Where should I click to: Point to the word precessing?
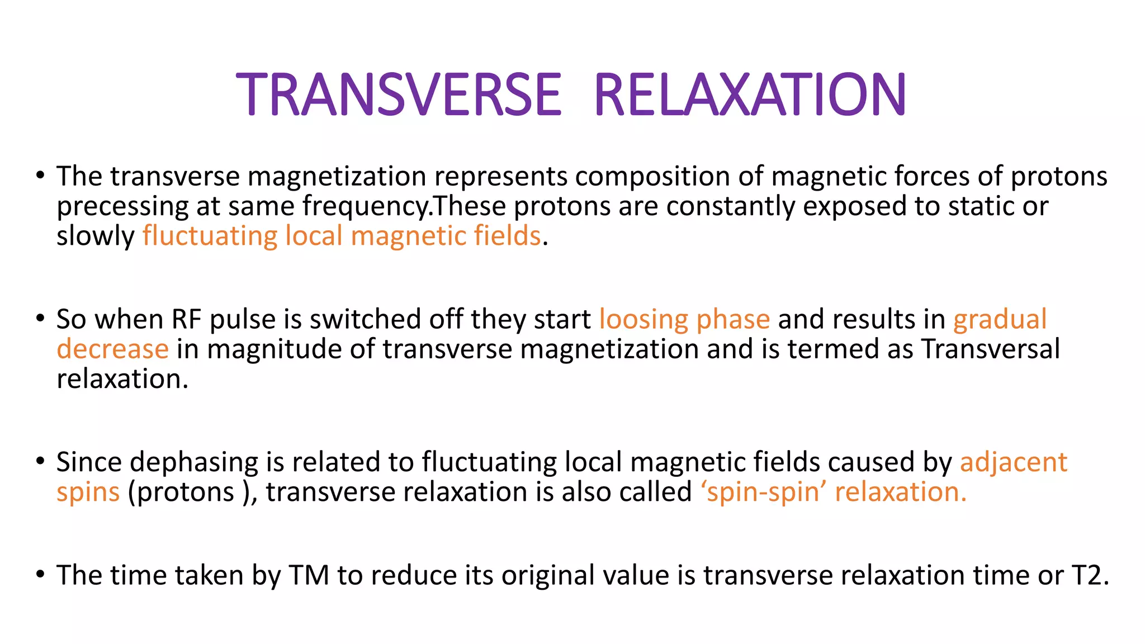point(122,207)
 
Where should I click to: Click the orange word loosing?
point(644,320)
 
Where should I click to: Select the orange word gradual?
point(1000,320)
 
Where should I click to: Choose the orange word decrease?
point(112,349)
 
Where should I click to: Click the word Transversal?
point(991,349)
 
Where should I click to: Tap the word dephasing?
point(194,463)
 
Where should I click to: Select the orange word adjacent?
point(1013,463)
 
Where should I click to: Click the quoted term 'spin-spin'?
point(764,493)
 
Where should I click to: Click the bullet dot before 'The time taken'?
point(40,574)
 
